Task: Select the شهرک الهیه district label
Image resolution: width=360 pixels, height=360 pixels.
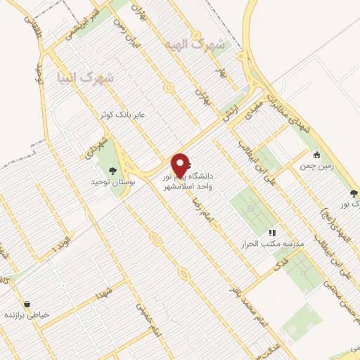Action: coord(202,44)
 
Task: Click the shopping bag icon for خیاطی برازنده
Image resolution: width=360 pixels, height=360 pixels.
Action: coord(27,304)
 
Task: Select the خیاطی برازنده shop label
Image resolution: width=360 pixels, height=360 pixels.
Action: coord(27,316)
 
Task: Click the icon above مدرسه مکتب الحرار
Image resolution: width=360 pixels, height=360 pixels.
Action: coord(272,233)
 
